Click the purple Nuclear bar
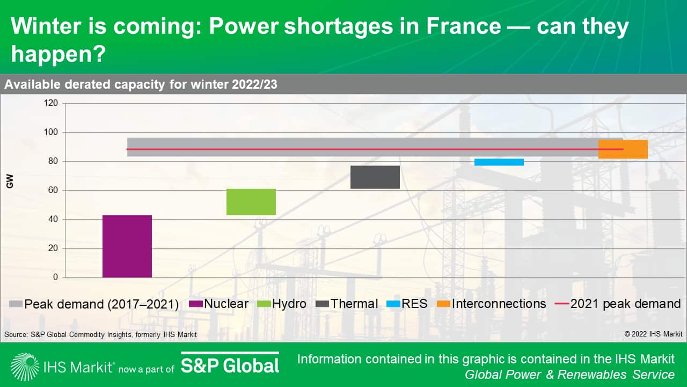127,246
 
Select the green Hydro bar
251,202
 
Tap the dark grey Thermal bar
375,177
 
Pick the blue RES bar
499,162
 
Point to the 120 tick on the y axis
51,103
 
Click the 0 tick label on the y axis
55,278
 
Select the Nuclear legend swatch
195,304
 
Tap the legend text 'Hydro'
289,304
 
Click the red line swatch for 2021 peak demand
561,304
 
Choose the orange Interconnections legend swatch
444,304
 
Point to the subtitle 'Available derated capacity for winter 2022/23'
141,84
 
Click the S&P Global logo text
230,365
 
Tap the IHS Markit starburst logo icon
24,367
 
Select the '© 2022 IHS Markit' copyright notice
653,334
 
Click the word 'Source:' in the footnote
16,334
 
